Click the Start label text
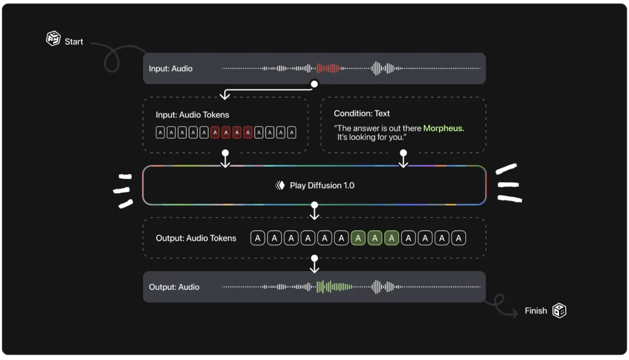pyautogui.click(x=74, y=42)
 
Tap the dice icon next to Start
pyautogui.click(x=53, y=38)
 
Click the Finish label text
pyautogui.click(x=536, y=310)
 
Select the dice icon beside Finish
pyautogui.click(x=559, y=310)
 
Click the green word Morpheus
pyautogui.click(x=443, y=128)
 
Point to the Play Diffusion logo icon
pyautogui.click(x=280, y=185)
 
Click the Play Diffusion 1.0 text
pyautogui.click(x=322, y=185)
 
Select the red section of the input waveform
pyautogui.click(x=328, y=68)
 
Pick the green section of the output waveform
pyautogui.click(x=334, y=287)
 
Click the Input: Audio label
pyautogui.click(x=171, y=69)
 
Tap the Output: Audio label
pyautogui.click(x=174, y=287)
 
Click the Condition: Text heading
pyautogui.click(x=362, y=114)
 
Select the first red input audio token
pyautogui.click(x=215, y=132)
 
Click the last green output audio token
pyautogui.click(x=391, y=238)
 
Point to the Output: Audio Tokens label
pyautogui.click(x=196, y=238)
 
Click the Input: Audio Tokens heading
pyautogui.click(x=192, y=115)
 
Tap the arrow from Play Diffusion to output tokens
pyautogui.click(x=314, y=211)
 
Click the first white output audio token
pyautogui.click(x=257, y=238)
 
